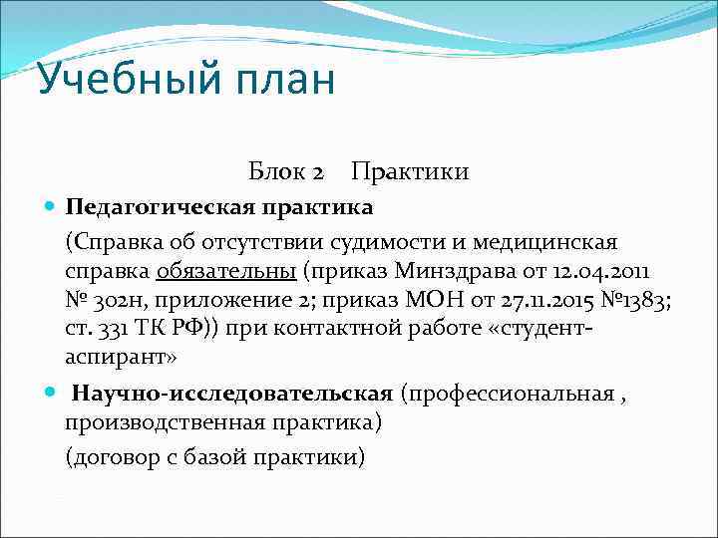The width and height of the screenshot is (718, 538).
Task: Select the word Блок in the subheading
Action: [x=279, y=172]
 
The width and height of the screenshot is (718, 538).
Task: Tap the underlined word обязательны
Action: [x=225, y=271]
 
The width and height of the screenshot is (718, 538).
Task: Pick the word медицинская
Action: [x=552, y=241]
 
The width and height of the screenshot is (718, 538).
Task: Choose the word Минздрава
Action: [x=446, y=271]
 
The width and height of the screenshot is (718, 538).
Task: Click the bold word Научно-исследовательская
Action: [x=232, y=394]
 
